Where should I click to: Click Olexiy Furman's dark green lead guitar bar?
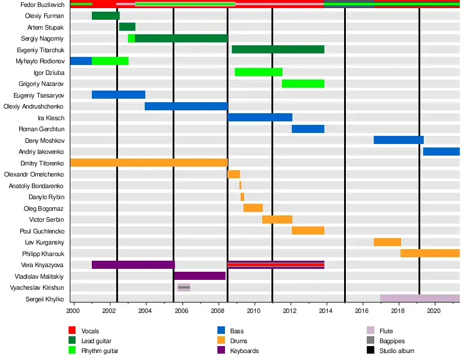(105, 16)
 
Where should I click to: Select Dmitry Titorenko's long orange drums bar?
(148, 163)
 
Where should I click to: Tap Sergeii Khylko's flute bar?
(420, 298)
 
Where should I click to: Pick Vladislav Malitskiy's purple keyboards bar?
(199, 276)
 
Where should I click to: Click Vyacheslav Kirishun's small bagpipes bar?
(184, 287)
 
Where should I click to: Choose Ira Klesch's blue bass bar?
(260, 117)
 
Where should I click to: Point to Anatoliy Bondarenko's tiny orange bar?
(240, 185)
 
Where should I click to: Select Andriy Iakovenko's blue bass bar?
(441, 152)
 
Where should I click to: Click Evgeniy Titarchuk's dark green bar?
(278, 49)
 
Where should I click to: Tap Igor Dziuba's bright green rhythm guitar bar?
(259, 72)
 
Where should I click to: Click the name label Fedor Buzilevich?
(42, 5)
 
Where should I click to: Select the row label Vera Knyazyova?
(44, 265)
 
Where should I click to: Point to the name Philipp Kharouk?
(43, 253)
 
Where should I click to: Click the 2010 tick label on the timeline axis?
(254, 311)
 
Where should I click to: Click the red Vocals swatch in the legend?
(72, 331)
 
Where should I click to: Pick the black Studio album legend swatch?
(370, 351)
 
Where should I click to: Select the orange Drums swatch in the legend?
(221, 341)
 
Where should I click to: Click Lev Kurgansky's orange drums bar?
(387, 242)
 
